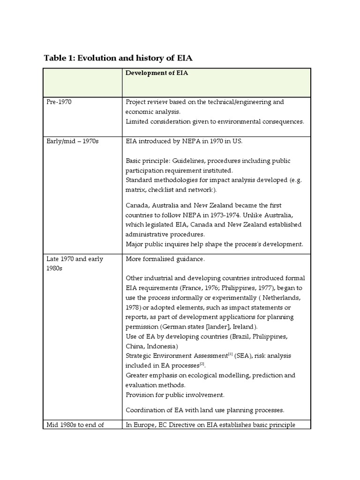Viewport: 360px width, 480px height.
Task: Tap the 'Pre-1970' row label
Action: click(59, 102)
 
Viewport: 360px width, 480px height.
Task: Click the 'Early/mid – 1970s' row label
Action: click(72, 141)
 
